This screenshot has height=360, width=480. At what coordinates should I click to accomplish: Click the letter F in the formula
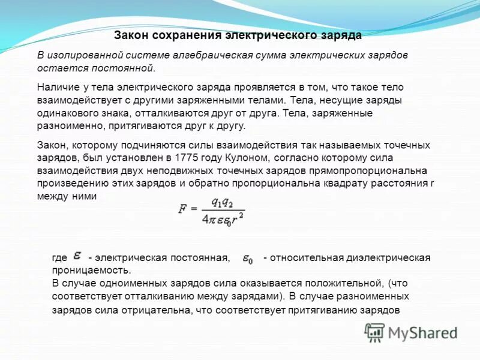pos(182,209)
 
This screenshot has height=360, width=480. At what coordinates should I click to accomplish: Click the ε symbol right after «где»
pos(77,256)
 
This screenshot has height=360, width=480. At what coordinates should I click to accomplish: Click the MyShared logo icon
pos(375,332)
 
